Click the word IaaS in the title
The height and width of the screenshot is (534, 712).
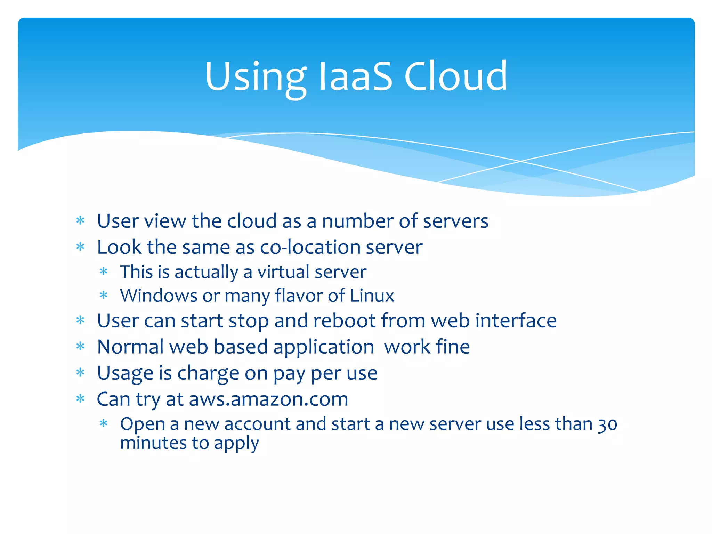(355, 76)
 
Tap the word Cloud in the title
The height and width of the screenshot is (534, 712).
(455, 76)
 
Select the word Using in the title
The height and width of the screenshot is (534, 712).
(256, 78)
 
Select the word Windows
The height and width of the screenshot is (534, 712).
(159, 296)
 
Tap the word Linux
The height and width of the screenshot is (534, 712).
(372, 296)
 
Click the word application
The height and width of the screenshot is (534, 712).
(323, 348)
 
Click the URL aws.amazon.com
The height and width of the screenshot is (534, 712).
(268, 399)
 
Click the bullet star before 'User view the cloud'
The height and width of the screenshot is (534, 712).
(80, 221)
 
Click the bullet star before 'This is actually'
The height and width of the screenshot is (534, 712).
(103, 272)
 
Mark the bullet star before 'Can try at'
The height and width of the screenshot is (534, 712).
(80, 399)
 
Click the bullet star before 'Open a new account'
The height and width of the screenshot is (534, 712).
(103, 423)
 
